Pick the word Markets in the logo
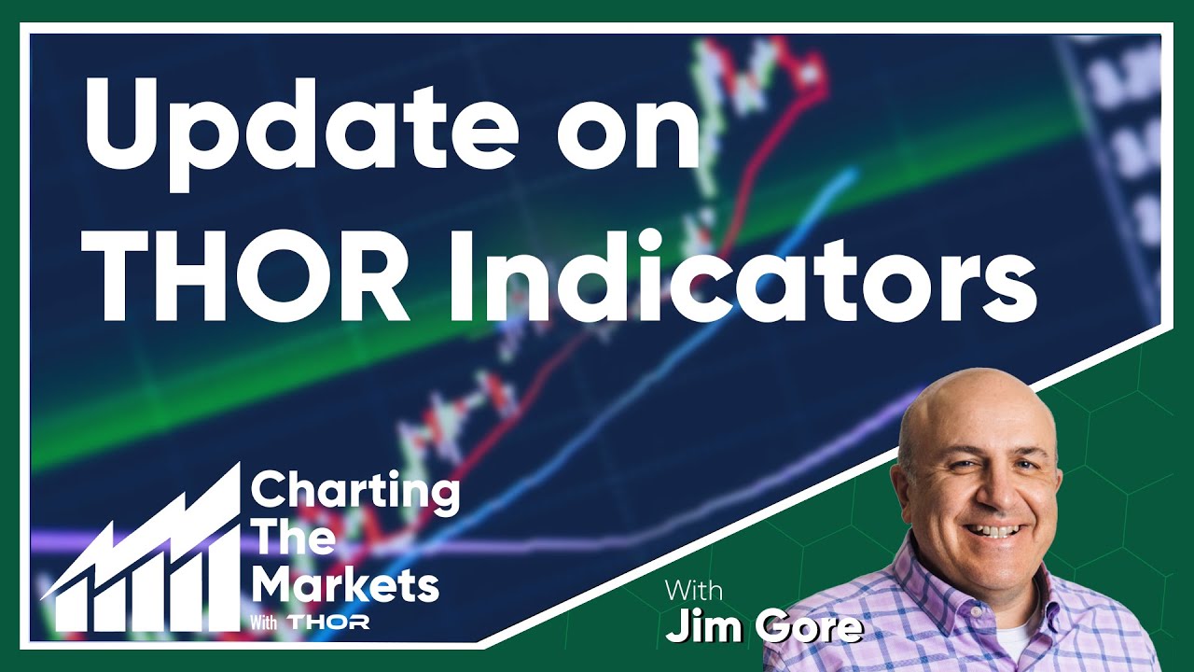click(345, 586)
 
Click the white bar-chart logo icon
click(140, 560)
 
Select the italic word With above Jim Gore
click(696, 592)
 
